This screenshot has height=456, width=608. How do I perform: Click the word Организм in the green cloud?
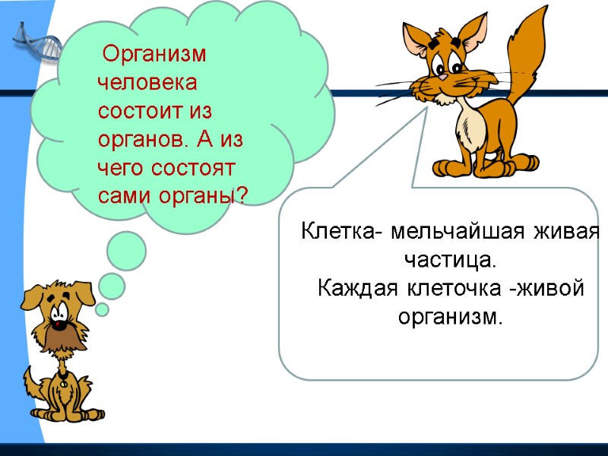155,56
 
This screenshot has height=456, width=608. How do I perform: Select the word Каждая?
358,289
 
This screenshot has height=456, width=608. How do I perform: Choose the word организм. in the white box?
451,317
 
